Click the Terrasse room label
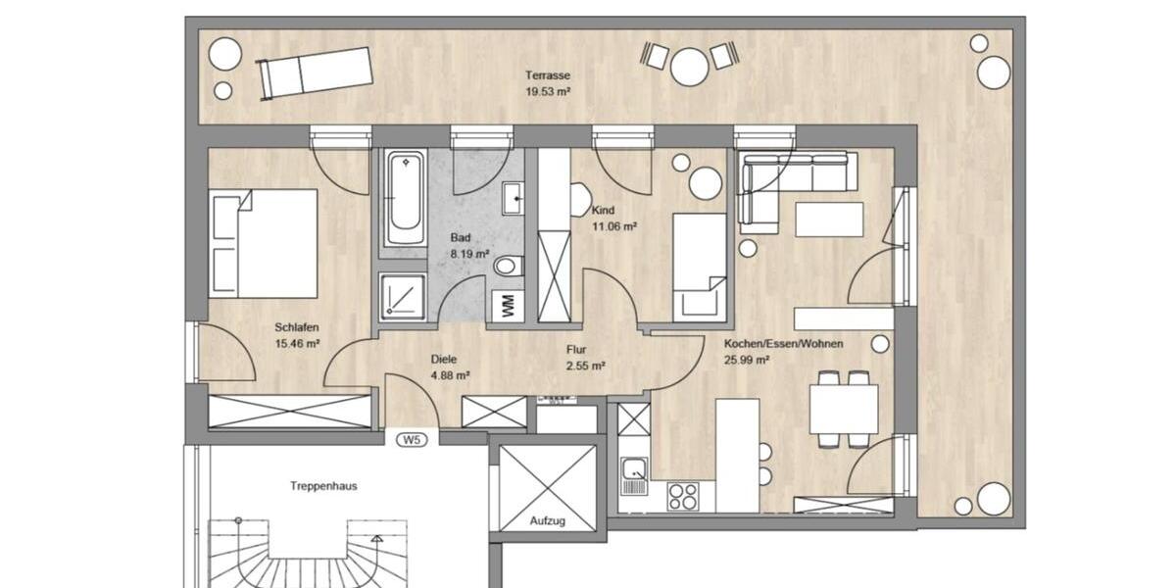pos(548,75)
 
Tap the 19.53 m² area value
pos(548,91)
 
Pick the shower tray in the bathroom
pos(403,297)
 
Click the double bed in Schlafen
pos(265,242)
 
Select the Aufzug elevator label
pos(548,521)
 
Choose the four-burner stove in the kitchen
pos(683,496)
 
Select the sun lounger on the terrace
pos(315,73)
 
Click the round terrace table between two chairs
pos(689,66)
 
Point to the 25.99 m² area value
pos(746,360)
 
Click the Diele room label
pos(444,359)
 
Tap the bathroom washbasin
pos(514,198)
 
